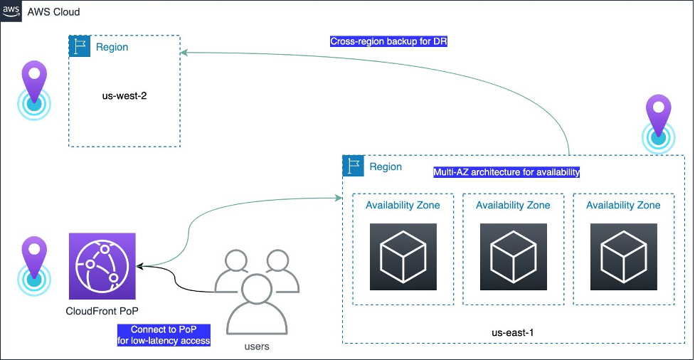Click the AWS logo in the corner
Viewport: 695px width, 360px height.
11,11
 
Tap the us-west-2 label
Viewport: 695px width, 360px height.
124,95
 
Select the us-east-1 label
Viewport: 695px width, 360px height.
513,332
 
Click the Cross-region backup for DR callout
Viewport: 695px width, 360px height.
388,42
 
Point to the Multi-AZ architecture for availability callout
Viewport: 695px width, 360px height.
506,172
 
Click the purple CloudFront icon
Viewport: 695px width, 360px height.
102,266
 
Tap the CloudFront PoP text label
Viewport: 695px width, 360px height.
102,311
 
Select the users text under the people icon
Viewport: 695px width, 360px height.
257,346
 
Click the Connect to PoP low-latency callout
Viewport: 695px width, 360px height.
164,335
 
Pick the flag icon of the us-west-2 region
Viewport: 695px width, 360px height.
80,46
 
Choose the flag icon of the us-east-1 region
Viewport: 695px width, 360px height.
354,166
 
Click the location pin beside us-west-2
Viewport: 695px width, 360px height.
34,90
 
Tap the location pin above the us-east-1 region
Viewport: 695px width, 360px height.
658,124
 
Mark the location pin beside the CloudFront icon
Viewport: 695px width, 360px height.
34,267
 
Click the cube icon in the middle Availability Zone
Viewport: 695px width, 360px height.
514,257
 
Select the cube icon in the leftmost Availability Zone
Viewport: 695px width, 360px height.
403,257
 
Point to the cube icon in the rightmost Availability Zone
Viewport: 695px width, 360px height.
624,257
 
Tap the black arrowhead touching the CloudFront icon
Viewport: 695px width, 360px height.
140,266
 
